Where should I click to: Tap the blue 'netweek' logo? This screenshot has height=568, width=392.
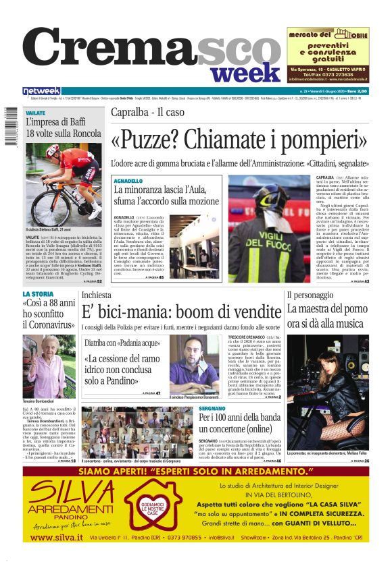(x=41, y=91)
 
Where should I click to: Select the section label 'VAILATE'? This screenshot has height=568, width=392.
(x=35, y=113)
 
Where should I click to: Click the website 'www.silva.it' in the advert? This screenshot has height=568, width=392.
(x=57, y=537)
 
